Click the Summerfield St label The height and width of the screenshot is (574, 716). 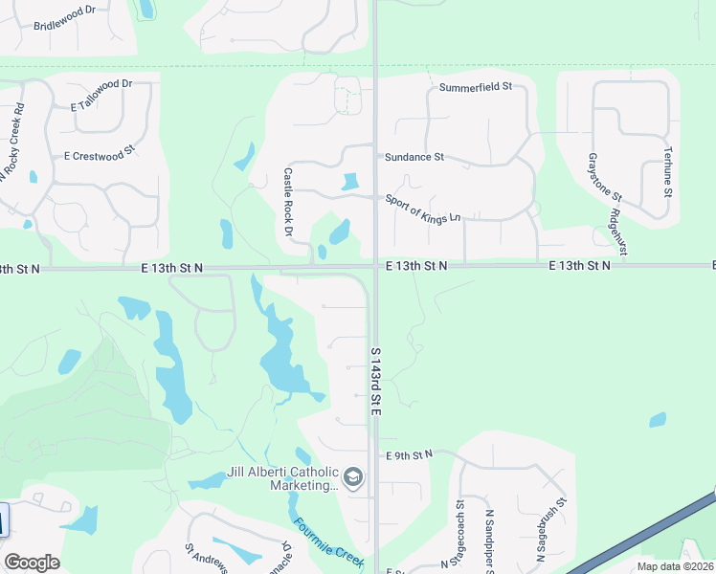click(476, 86)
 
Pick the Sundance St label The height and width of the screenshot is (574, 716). click(414, 156)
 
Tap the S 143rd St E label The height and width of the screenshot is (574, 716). click(376, 381)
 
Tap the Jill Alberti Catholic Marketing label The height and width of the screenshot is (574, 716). click(282, 478)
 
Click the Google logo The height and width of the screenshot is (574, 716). click(32, 563)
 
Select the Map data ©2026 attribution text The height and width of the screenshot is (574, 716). click(675, 566)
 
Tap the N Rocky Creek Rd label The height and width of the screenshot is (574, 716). click(13, 135)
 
